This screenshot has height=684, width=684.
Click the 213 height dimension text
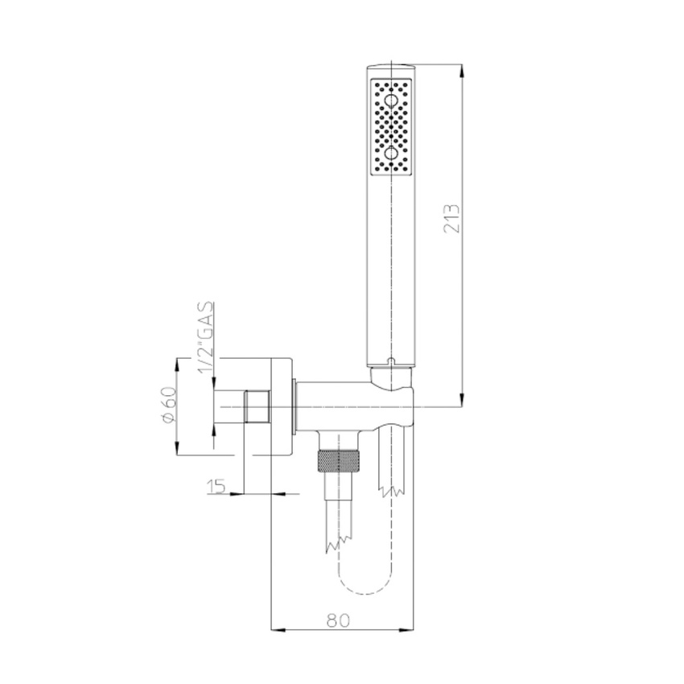coord(451,219)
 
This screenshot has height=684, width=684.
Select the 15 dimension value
coord(215,487)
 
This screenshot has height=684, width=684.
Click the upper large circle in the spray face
coord(391,101)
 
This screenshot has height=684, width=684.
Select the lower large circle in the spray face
coord(391,152)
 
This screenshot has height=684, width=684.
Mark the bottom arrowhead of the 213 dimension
coord(462,402)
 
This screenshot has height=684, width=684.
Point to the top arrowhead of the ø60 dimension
coord(177,364)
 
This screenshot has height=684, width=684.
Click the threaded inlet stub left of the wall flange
coord(256,406)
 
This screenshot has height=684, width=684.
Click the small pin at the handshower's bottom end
coord(391,363)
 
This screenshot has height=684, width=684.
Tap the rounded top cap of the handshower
coord(391,65)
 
